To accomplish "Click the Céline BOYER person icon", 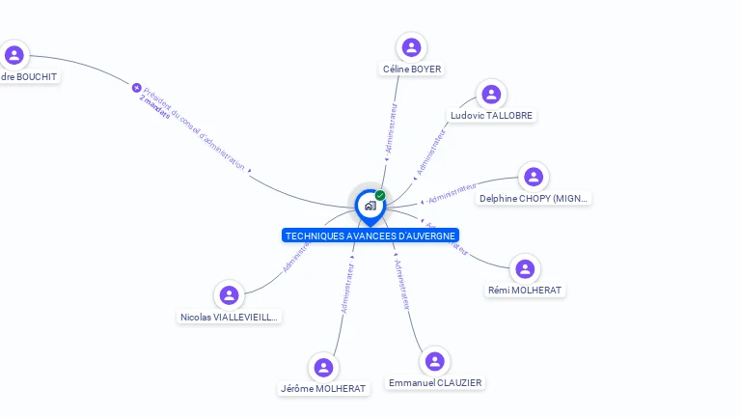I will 412,47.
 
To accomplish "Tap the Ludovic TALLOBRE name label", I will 491,115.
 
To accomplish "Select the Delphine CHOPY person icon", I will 534,177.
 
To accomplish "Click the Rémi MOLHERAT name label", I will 525,290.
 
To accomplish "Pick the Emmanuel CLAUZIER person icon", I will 435,361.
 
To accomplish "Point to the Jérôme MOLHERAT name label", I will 323,388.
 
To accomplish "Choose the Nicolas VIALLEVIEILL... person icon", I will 229,295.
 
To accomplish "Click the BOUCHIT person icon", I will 14,54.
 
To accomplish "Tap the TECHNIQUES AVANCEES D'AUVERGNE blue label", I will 370,236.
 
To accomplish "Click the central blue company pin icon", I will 370,206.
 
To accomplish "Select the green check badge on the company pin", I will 380,195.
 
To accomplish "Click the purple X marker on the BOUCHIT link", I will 137,88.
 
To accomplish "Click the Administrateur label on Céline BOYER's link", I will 391,130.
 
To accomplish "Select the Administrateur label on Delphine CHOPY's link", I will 453,193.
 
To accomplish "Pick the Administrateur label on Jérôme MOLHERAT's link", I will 347,288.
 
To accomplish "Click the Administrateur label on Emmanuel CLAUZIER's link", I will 402,285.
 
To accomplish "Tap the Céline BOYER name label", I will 412,69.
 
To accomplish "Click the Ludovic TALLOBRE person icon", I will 491,94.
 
